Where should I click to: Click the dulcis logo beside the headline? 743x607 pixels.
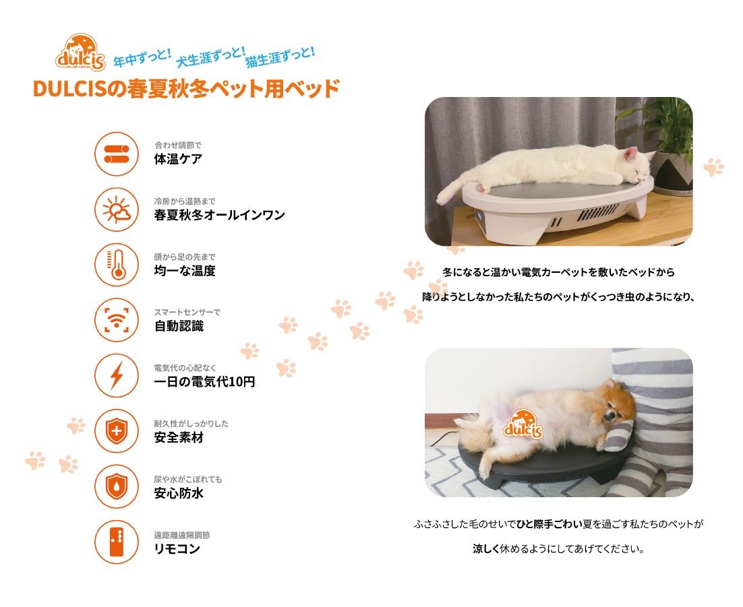click(x=80, y=53)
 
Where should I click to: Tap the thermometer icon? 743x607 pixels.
click(x=117, y=264)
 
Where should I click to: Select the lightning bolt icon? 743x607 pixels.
click(x=117, y=375)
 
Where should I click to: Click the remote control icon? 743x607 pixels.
click(x=117, y=542)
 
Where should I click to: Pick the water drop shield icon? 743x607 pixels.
click(x=117, y=486)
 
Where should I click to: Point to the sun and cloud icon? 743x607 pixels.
click(x=117, y=210)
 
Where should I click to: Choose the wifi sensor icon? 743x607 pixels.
click(x=117, y=319)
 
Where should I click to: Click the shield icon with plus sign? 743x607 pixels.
click(x=117, y=431)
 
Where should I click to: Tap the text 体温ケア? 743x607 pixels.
click(x=178, y=159)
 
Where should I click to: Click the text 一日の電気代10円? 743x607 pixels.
click(x=204, y=381)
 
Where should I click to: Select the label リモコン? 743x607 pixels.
click(x=177, y=549)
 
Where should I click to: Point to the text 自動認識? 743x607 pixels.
click(x=179, y=326)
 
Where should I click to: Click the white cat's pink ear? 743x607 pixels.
click(x=630, y=154)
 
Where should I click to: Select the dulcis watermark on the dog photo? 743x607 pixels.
click(x=523, y=424)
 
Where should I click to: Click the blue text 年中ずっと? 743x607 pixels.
click(x=142, y=58)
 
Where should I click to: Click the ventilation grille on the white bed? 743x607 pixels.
click(x=597, y=213)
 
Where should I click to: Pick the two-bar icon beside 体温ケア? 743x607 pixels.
click(x=117, y=154)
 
